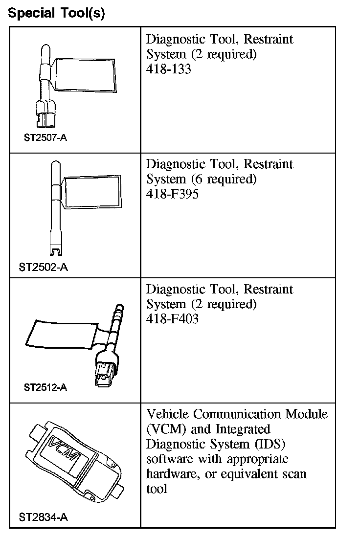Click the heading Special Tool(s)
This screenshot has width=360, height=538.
[56, 13]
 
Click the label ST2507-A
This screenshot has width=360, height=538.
[45, 137]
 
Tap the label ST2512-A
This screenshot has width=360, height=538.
[45, 387]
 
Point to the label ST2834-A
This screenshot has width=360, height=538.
[43, 516]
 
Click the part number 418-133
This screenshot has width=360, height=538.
[168, 69]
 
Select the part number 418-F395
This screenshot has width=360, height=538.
[172, 194]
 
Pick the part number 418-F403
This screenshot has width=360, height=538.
[172, 319]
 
